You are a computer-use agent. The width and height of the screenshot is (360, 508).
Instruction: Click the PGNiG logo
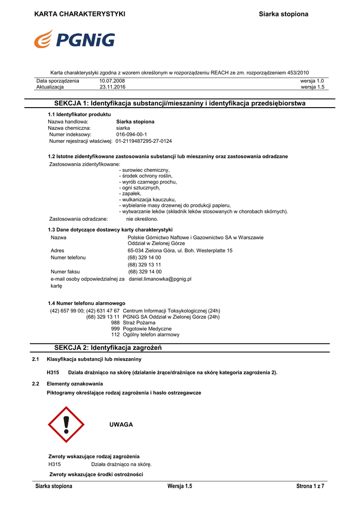[74, 39]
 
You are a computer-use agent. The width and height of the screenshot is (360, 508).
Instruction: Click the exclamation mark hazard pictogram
[66, 425]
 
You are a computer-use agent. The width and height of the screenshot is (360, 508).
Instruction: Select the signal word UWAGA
[121, 425]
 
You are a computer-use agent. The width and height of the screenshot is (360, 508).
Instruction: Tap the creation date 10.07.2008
[112, 81]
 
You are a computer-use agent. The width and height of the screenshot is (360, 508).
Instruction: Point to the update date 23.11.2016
[112, 87]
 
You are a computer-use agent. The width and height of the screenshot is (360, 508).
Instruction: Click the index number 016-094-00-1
[132, 134]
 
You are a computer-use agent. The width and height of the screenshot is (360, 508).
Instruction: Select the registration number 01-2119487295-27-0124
[144, 141]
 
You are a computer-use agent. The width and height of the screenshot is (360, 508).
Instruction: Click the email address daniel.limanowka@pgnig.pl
[160, 279]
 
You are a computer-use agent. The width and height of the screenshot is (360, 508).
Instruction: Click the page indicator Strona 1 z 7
[310, 486]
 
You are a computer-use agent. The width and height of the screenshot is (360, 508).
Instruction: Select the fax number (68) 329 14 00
[145, 272]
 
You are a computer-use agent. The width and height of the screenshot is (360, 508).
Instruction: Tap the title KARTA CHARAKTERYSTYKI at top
[79, 14]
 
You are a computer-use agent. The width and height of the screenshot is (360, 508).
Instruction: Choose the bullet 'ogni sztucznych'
[140, 188]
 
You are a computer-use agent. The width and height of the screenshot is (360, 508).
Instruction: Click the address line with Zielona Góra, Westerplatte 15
[180, 251]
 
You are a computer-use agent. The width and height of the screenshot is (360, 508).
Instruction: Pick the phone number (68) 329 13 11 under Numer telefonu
[144, 265]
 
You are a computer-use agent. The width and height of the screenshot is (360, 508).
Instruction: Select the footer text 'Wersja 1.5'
[180, 486]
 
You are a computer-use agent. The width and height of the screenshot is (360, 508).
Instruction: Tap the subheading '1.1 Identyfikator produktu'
[79, 115]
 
